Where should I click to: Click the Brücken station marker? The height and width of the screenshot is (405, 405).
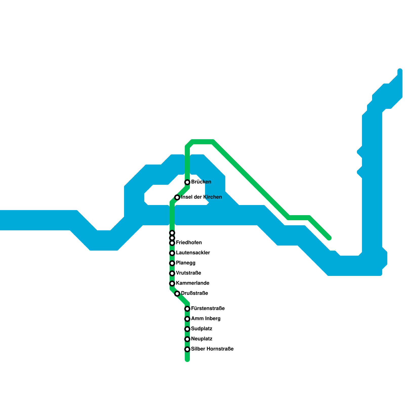click(x=187, y=182)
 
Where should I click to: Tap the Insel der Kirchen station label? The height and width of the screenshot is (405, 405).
click(x=201, y=197)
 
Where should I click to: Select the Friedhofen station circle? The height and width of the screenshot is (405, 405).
click(x=172, y=243)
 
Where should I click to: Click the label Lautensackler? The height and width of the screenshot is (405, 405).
click(x=193, y=253)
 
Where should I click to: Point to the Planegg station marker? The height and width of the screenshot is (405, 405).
click(x=172, y=263)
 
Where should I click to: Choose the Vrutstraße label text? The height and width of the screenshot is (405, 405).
click(x=188, y=273)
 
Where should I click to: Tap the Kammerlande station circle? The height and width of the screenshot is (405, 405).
click(x=172, y=283)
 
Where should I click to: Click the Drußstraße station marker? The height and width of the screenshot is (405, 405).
click(x=177, y=294)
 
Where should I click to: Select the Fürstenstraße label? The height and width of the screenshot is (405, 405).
click(x=208, y=309)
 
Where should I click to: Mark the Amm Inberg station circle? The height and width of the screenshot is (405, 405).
click(x=187, y=319)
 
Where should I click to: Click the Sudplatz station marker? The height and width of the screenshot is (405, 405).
click(x=187, y=329)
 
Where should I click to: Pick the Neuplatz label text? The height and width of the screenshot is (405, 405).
click(x=201, y=339)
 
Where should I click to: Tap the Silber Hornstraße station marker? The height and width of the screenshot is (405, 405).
click(x=187, y=349)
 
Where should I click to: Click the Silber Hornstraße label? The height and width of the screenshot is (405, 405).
click(x=212, y=349)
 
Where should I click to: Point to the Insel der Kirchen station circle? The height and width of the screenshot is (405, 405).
click(x=177, y=197)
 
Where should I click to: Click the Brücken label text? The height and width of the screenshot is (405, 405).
click(x=201, y=182)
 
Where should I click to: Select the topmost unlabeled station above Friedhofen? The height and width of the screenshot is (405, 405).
click(x=172, y=233)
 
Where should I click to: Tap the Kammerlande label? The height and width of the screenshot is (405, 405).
click(x=192, y=283)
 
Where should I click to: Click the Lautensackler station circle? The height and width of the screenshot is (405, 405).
click(x=172, y=253)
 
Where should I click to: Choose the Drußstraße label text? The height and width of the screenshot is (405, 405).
click(x=194, y=293)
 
